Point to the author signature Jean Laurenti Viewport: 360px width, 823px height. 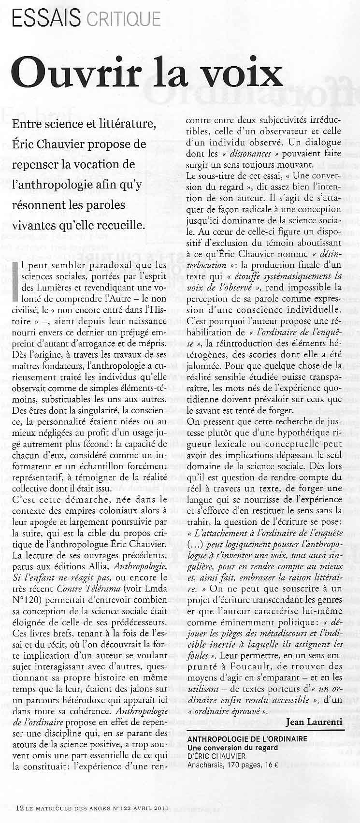pyautogui.click(x=314, y=722)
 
